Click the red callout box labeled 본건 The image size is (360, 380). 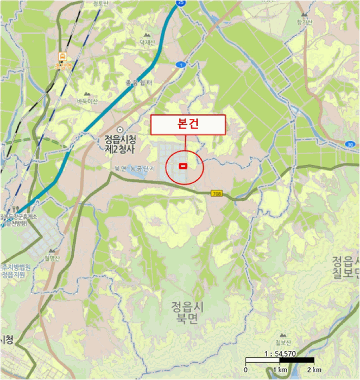tap(187, 124)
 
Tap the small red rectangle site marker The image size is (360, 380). tap(183, 166)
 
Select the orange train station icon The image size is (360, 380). tap(64, 56)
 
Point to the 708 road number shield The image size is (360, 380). tap(217, 193)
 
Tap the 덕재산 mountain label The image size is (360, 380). tap(147, 42)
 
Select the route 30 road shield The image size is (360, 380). tap(350, 144)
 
